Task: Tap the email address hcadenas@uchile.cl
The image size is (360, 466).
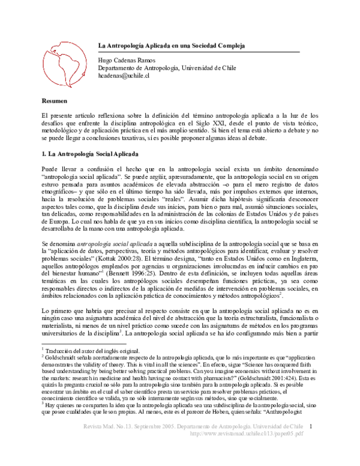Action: coord(124,76)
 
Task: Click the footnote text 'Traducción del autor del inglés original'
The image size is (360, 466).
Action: coord(91,351)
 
